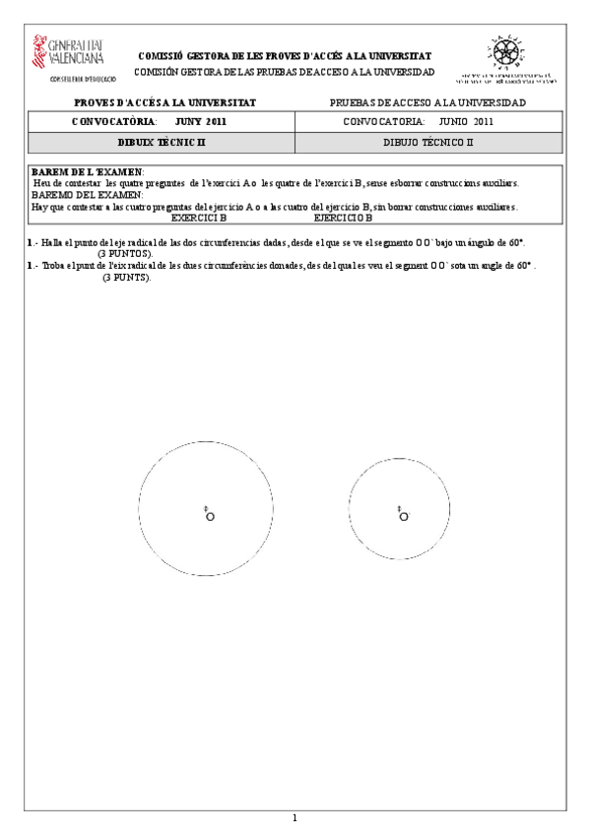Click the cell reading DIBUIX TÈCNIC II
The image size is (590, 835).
click(160, 143)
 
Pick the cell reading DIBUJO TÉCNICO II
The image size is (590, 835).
click(428, 143)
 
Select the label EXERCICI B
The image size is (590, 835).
click(199, 218)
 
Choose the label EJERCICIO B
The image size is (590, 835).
click(343, 218)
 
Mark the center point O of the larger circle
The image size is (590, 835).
click(210, 516)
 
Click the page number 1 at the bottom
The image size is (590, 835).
click(295, 817)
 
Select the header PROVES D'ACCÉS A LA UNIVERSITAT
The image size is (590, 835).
click(164, 102)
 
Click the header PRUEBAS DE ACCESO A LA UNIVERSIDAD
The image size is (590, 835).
click(428, 102)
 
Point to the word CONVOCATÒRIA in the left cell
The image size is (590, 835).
click(114, 122)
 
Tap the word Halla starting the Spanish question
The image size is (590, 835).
click(50, 241)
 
